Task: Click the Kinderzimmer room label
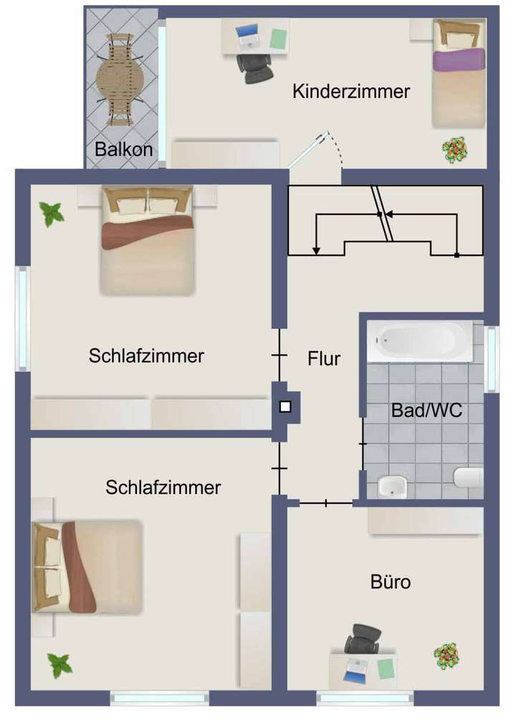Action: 351,92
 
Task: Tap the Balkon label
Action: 124,150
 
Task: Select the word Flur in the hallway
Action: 324,358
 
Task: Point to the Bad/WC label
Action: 426,411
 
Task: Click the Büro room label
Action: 391,582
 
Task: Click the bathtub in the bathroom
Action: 420,341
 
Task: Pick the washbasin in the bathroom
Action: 391,486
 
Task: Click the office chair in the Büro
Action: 363,639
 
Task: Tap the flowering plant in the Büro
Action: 446,655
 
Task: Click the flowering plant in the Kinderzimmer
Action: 454,150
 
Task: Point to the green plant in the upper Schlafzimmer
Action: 52,213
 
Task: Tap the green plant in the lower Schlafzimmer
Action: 60,665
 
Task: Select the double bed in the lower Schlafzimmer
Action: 86,566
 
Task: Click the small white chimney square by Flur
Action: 285,407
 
